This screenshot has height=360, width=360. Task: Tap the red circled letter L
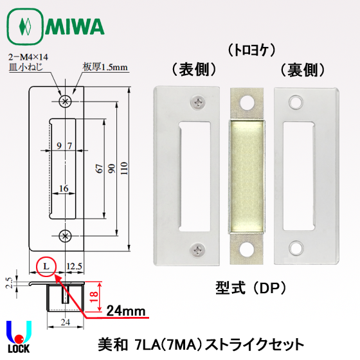pyautogui.click(x=46, y=265)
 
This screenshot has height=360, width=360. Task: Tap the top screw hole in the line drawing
pyautogui.click(x=64, y=101)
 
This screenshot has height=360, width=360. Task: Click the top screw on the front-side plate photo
pyautogui.click(x=196, y=102)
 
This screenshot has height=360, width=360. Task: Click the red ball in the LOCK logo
pyautogui.click(x=20, y=339)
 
